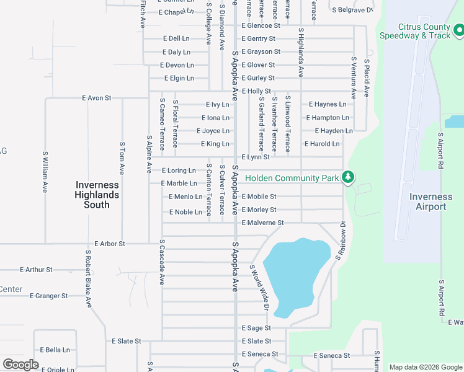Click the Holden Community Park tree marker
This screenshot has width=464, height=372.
[349, 177]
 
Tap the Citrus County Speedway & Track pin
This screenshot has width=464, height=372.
[458, 30]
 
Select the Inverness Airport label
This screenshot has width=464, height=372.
[431, 201]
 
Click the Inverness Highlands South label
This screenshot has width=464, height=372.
[97, 195]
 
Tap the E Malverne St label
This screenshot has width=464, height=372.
[262, 223]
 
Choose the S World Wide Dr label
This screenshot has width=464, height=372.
[261, 288]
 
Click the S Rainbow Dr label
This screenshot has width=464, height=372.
[341, 240]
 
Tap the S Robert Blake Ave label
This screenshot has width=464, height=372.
[88, 278]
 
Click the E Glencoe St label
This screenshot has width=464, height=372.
[261, 25]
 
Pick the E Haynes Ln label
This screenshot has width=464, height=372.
[327, 104]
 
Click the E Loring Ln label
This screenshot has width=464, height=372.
[179, 170]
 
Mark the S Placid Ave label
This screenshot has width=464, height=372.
[367, 79]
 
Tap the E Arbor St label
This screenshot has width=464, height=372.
[110, 244]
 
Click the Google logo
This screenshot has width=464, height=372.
[20, 365]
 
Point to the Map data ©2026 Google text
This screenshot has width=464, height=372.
[426, 367]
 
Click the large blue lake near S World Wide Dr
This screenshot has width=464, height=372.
[296, 273]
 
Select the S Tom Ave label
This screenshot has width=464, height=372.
[122, 157]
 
